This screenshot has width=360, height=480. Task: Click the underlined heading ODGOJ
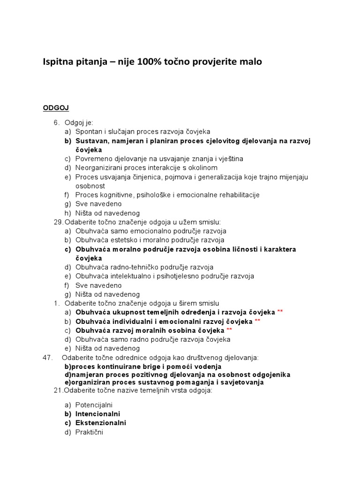coord(56,108)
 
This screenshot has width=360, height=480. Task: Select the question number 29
coord(58,222)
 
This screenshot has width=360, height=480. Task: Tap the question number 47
coord(48,358)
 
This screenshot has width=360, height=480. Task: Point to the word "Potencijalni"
coord(94,405)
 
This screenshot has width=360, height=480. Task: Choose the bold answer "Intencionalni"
coord(97,414)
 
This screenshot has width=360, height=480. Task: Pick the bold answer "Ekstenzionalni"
coord(100,423)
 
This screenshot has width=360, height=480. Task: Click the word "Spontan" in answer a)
coord(88,131)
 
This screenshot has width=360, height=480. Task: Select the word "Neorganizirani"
coord(97,167)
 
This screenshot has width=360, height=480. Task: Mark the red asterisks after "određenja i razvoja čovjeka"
coord(280,312)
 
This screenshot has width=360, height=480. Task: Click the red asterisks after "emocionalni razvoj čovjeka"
coord(257,321)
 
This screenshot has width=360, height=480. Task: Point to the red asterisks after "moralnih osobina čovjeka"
coord(229,330)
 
